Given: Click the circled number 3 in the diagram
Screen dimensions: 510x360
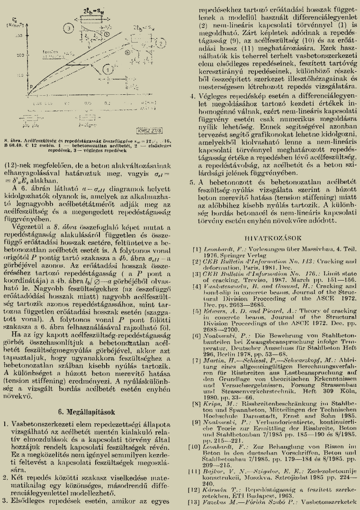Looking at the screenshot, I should point(69,29).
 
